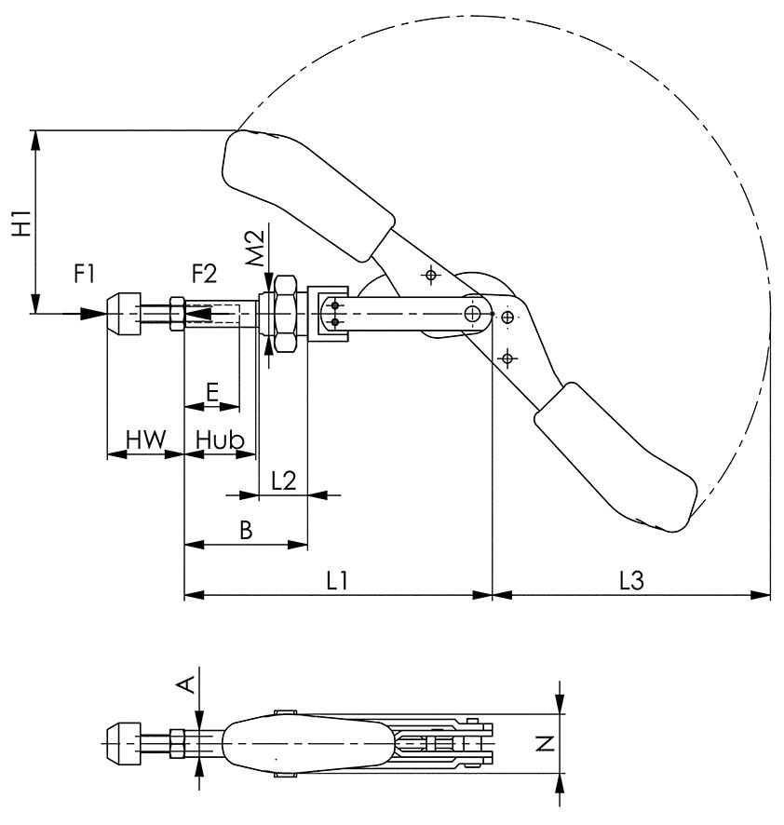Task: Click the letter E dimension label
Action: [x=212, y=391]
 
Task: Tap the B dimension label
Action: [x=246, y=530]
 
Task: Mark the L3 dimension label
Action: [x=631, y=579]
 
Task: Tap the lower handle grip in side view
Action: [x=616, y=462]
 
